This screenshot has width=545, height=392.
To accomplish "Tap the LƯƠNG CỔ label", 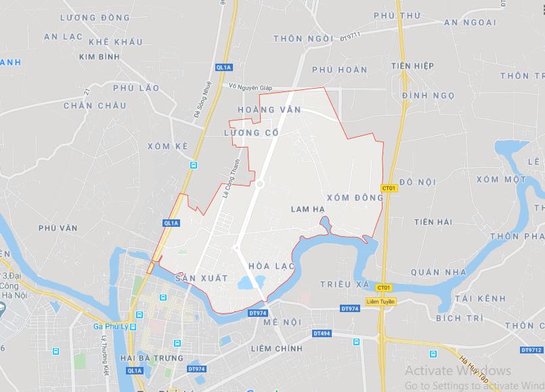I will (251, 133).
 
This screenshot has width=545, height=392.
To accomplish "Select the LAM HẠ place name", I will (307, 210).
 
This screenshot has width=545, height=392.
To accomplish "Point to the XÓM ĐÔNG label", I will (355, 197).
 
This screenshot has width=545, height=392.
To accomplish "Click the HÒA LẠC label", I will (272, 266).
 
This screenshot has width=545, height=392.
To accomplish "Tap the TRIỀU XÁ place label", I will (344, 285).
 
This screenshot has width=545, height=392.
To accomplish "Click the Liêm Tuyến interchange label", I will (380, 301).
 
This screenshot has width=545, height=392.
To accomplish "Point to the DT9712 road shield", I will (532, 350).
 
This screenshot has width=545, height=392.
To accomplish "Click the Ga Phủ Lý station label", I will (110, 326).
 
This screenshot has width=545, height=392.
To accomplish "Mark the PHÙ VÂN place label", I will (55, 229).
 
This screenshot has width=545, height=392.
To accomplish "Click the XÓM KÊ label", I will (166, 146).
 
